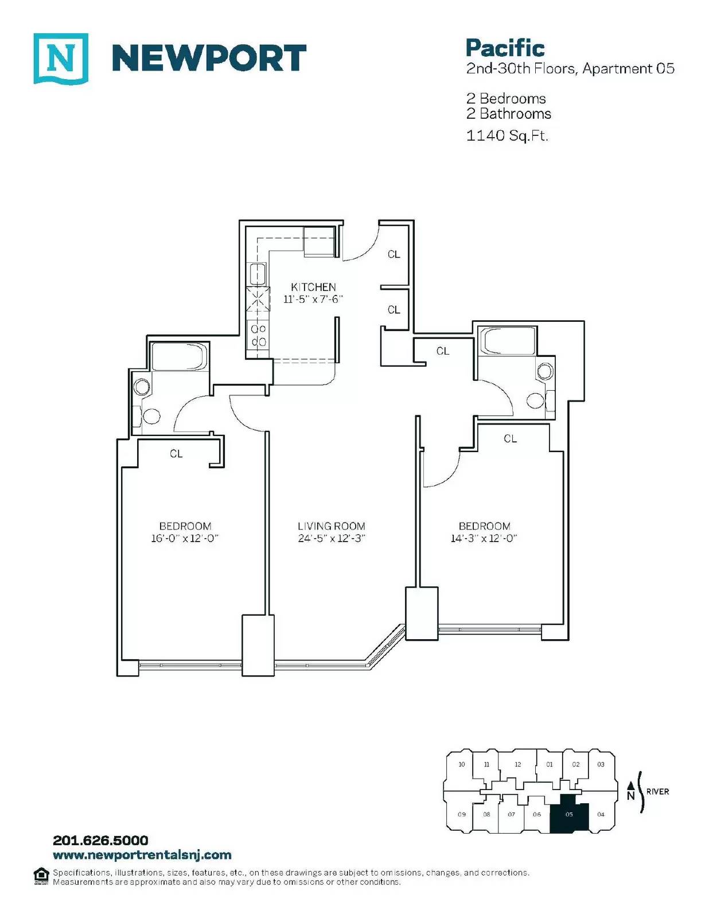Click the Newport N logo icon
61,59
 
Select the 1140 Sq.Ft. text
507,135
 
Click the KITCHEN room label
313,287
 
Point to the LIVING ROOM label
332,526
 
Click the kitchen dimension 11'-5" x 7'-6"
313,299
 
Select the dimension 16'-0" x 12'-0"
185,538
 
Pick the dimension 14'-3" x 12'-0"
484,538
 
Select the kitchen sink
258,274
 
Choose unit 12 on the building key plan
518,764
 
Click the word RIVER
657,792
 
